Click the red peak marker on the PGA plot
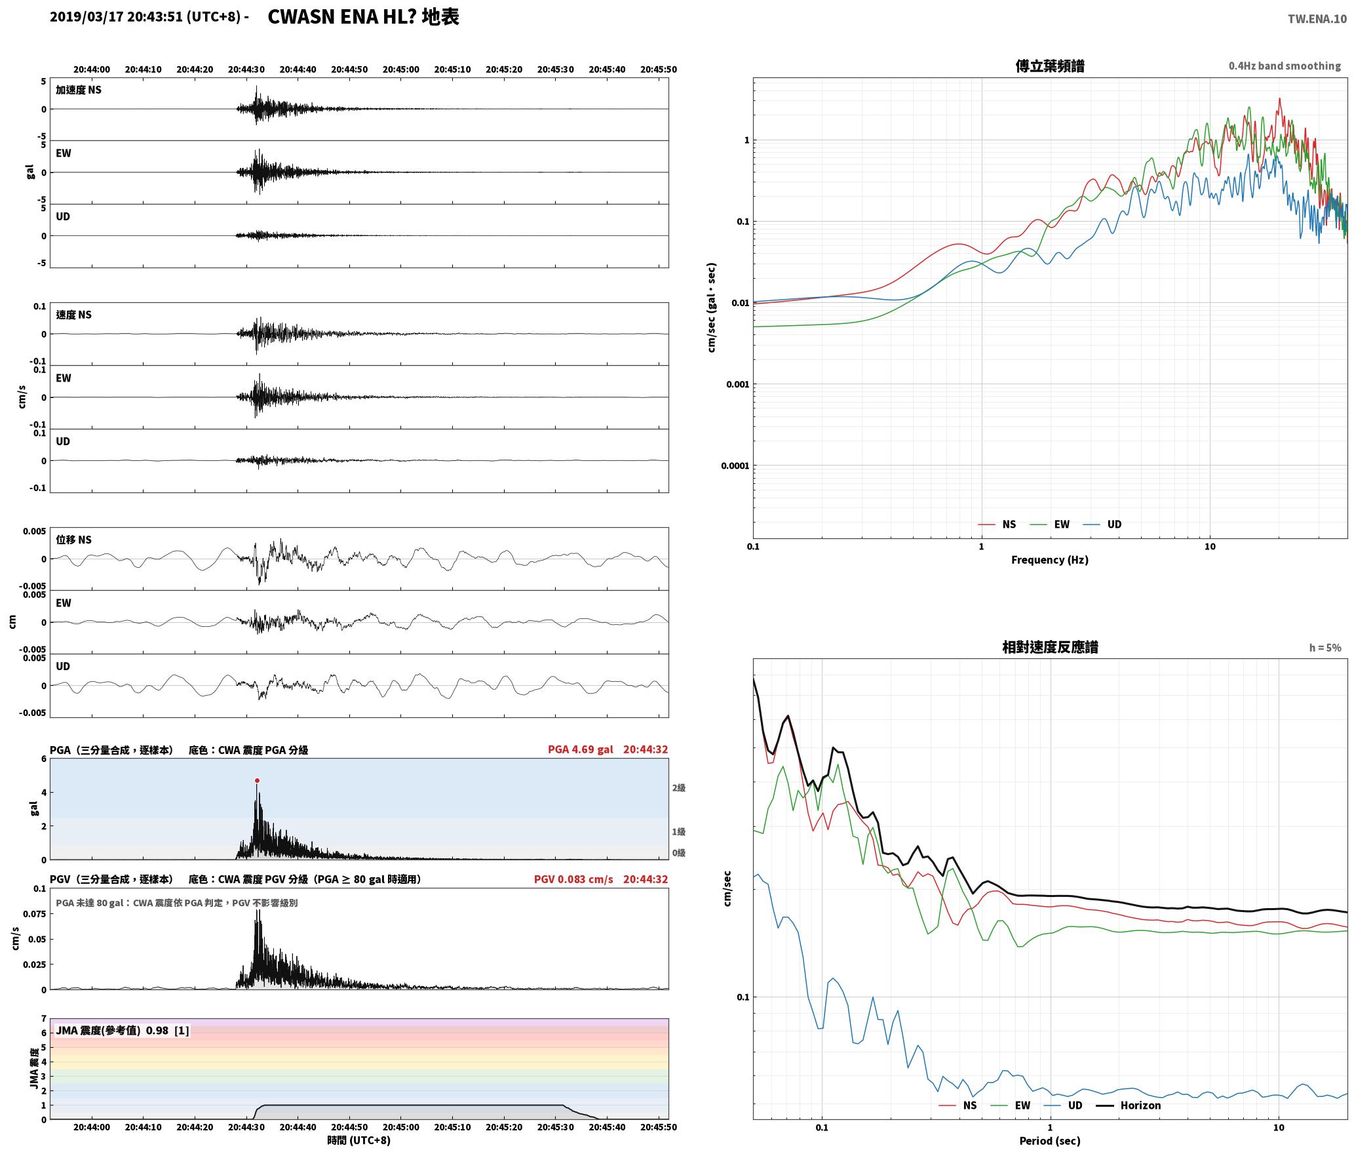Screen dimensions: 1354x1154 tap(257, 780)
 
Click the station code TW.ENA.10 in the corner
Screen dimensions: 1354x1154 tap(1317, 19)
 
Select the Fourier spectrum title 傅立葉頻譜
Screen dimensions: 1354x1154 tap(1050, 66)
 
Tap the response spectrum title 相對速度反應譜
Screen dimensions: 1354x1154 tap(1050, 647)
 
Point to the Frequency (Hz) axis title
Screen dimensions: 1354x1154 tap(1049, 559)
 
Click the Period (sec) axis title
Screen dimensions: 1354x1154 tap(1049, 1141)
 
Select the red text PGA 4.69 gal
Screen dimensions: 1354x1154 tap(580, 749)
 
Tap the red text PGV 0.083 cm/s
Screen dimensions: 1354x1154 tap(573, 879)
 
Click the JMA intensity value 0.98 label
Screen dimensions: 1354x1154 tap(157, 1030)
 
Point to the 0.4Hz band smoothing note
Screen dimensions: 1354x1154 tap(1285, 66)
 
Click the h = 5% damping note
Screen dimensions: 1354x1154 tap(1325, 648)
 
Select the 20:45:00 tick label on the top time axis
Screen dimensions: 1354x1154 tap(400, 70)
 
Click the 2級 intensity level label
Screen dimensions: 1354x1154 tap(678, 787)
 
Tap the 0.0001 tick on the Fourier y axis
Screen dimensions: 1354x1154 tap(735, 466)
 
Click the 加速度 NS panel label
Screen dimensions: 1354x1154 tap(79, 90)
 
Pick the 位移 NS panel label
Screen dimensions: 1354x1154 tap(73, 540)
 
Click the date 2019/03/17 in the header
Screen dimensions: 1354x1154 tap(87, 17)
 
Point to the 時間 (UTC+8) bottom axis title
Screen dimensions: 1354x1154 tap(358, 1140)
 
